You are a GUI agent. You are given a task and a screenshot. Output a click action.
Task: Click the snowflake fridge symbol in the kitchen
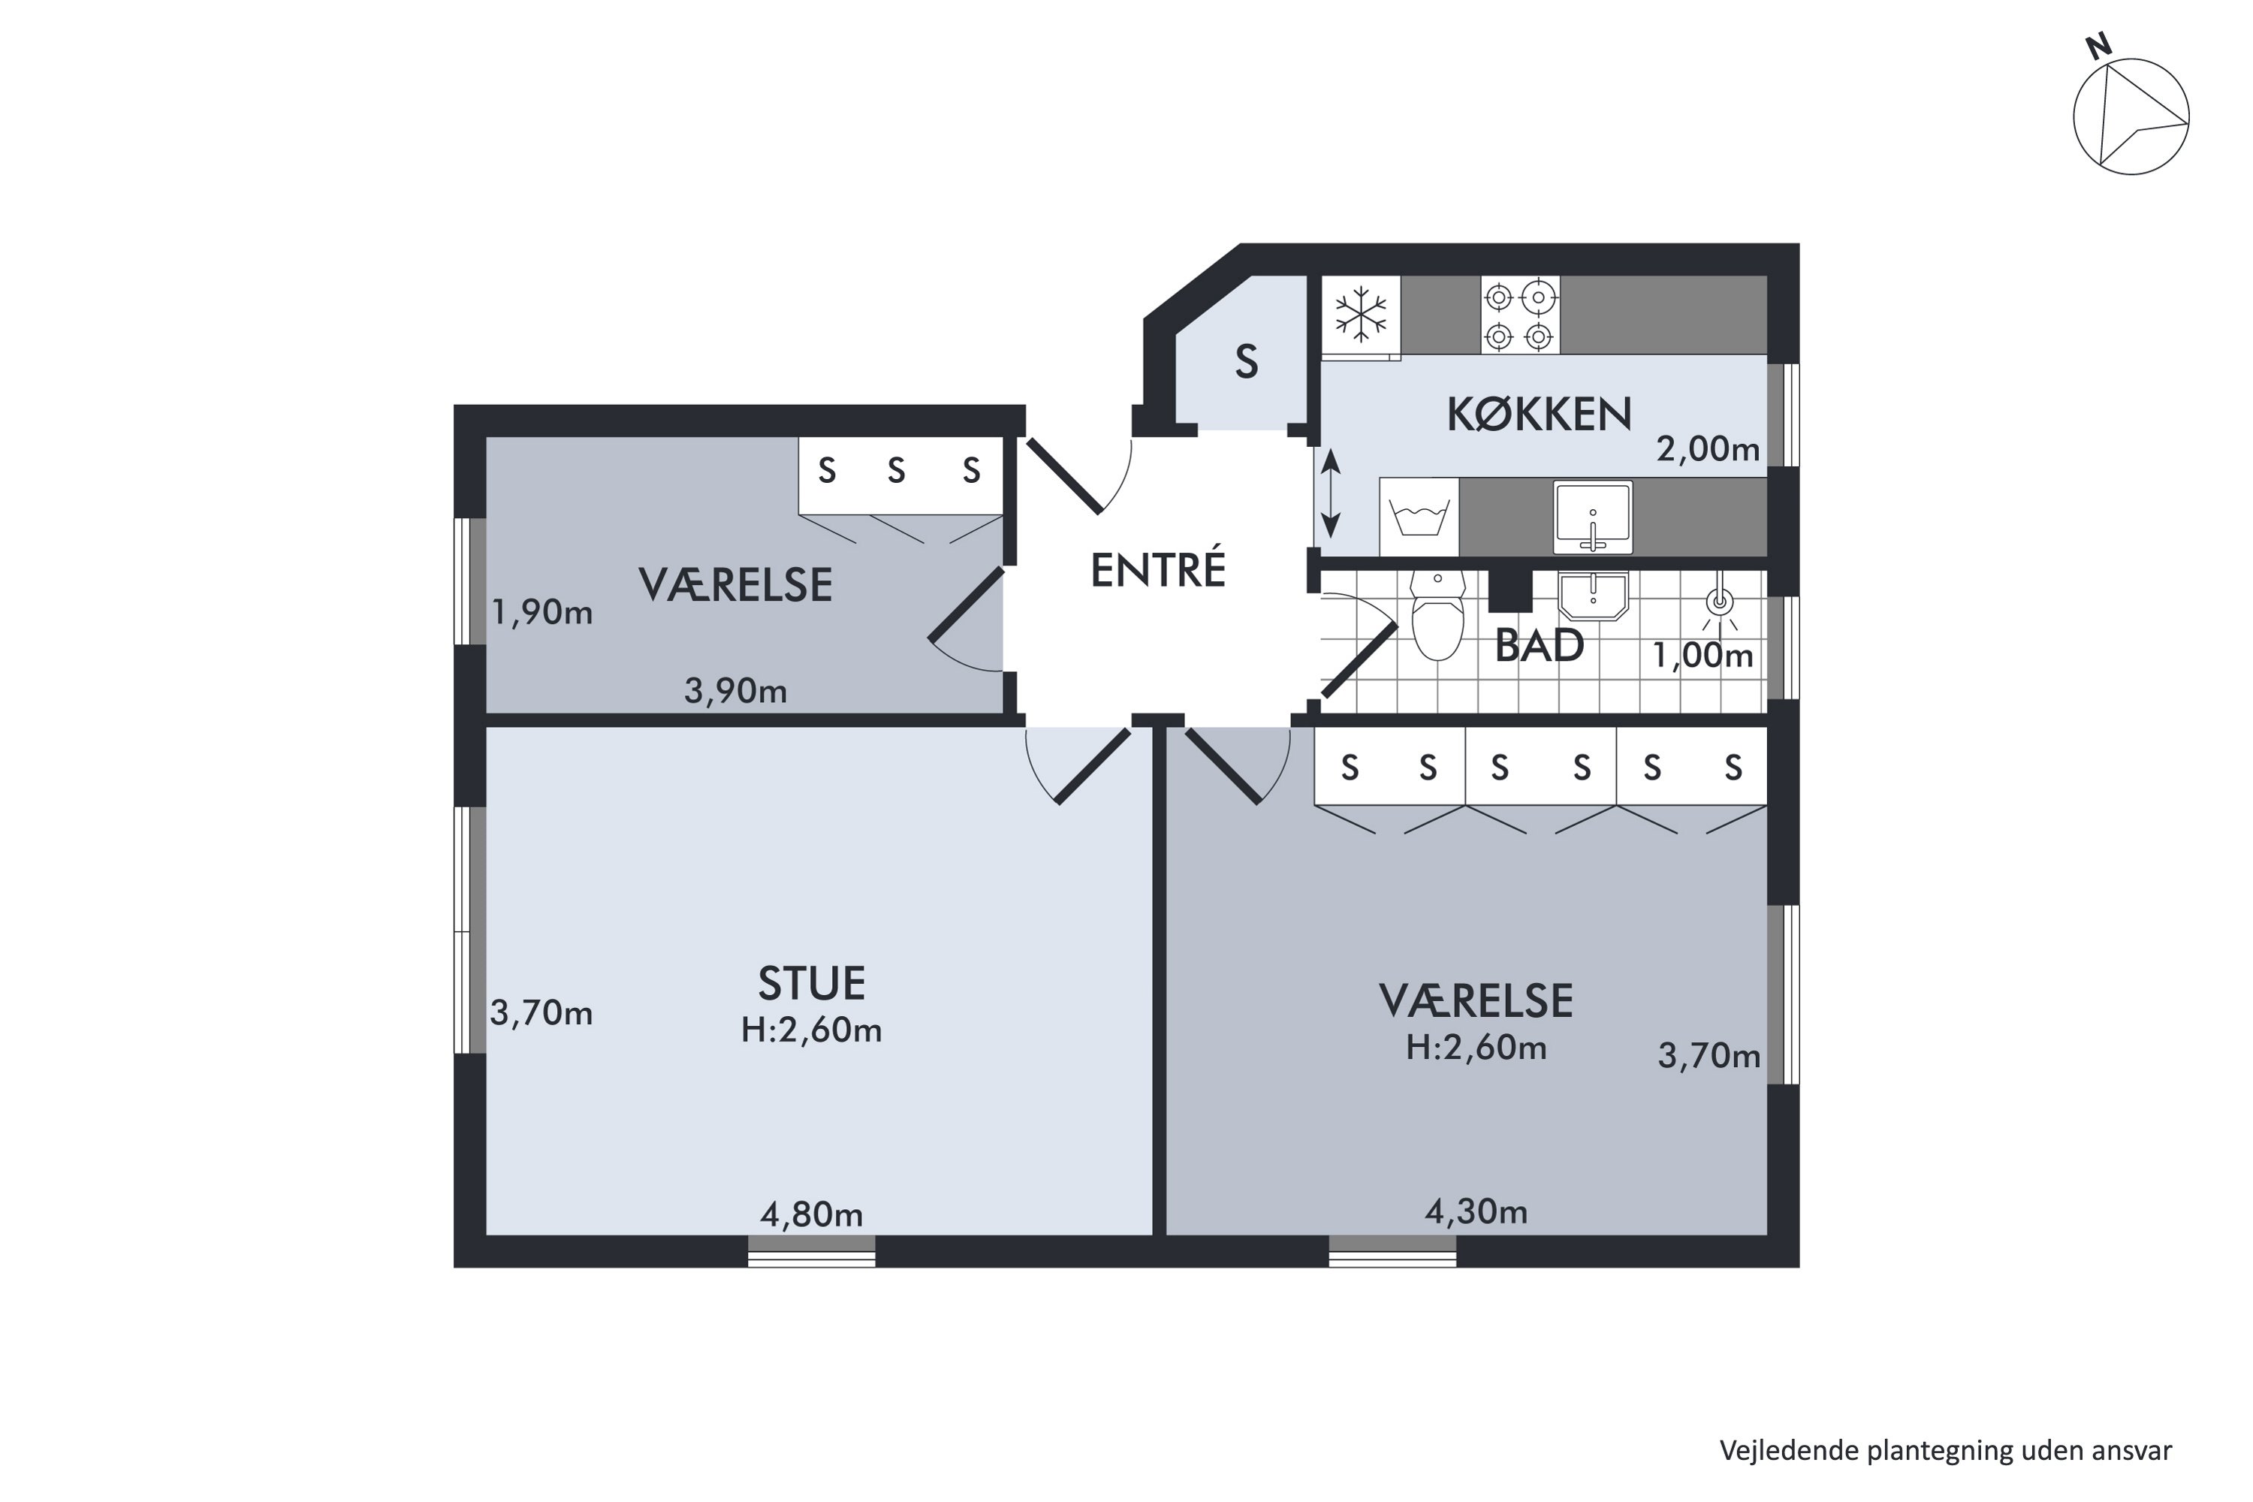[x=1360, y=314]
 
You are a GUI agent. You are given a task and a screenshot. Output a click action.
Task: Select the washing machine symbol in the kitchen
[x=1419, y=517]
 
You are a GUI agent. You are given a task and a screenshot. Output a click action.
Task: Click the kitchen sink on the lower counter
[x=1592, y=517]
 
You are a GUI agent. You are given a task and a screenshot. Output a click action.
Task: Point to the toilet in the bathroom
[x=1438, y=618]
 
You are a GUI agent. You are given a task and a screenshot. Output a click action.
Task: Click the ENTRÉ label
[x=1158, y=571]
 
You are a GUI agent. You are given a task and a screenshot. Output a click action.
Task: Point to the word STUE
[x=811, y=984]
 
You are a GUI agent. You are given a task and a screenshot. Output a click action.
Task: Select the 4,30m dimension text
[x=1476, y=1213]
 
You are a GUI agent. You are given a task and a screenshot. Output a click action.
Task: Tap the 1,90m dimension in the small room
[x=542, y=613]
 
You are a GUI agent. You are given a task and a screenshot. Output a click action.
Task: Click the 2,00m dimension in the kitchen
[x=1708, y=448]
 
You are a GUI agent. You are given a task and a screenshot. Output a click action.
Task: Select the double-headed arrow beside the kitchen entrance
[x=1331, y=495]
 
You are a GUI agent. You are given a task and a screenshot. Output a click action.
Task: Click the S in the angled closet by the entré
[x=1245, y=362]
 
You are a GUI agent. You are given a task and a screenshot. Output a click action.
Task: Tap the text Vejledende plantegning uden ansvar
[x=1946, y=1450]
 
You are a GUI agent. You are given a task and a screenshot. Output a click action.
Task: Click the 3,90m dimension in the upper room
[x=736, y=691]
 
